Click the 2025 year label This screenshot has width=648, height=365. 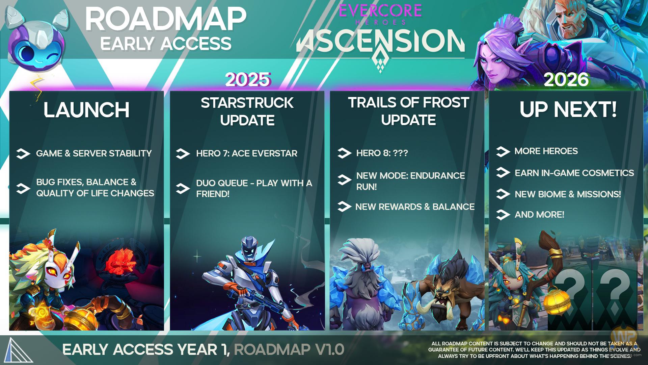[248, 80]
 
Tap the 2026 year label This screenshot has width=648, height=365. [566, 80]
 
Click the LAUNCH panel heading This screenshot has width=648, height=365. [86, 110]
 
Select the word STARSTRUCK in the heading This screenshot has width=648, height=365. [247, 103]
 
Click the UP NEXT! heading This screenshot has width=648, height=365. [568, 109]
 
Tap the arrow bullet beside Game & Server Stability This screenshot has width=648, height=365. [23, 154]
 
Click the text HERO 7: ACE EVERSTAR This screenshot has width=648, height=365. [247, 153]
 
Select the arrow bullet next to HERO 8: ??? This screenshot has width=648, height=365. [344, 153]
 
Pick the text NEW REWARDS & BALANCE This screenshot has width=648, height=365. [415, 207]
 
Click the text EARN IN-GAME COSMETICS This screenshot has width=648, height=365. [574, 173]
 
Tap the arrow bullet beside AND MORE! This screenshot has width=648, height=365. [503, 215]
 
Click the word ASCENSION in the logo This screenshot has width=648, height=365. [380, 42]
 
